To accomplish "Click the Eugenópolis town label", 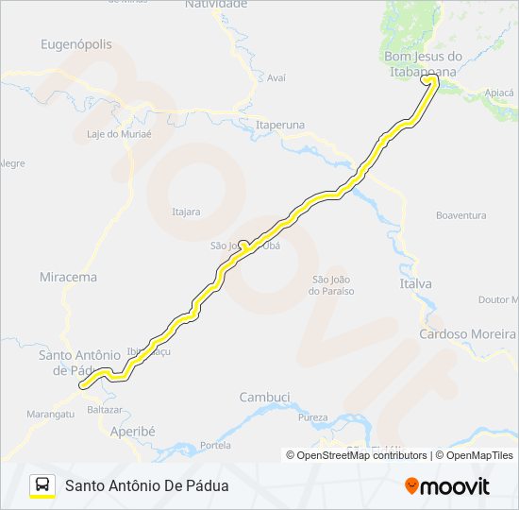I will click(x=76, y=44).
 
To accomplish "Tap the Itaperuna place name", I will click(x=280, y=125).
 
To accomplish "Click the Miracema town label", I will click(x=68, y=278).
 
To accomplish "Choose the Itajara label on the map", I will click(x=186, y=212).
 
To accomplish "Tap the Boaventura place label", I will click(x=460, y=215).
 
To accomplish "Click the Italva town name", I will click(x=415, y=283).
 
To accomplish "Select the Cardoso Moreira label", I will click(x=468, y=333).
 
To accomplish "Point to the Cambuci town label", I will click(x=264, y=397).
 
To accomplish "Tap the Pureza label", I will click(x=312, y=416).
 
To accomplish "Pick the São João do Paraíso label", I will click(x=331, y=284).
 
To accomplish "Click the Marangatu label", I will click(x=50, y=414).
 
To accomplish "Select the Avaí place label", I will click(x=276, y=78).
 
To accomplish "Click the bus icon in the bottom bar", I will click(x=42, y=485).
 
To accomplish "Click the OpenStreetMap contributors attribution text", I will click(x=357, y=455).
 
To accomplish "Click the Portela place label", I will click(x=215, y=445).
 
